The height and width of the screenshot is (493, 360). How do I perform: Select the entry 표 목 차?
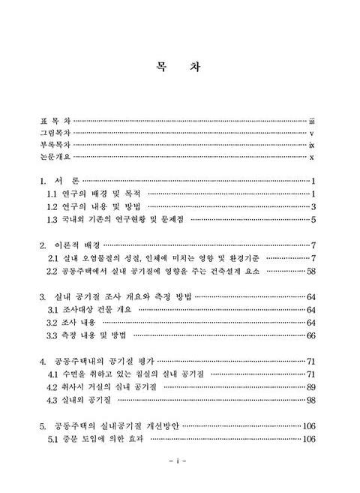point(55,120)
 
